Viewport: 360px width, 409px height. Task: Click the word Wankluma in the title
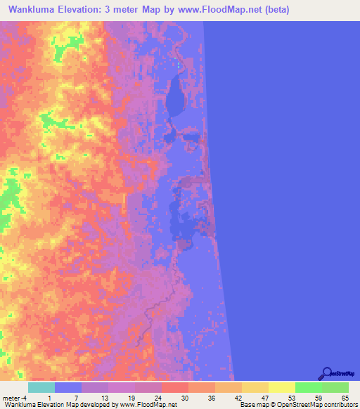(x=34, y=10)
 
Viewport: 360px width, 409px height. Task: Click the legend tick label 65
(x=345, y=398)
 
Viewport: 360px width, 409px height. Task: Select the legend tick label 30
(x=184, y=398)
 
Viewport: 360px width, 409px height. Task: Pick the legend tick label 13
(x=105, y=398)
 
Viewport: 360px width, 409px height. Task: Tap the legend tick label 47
(x=264, y=398)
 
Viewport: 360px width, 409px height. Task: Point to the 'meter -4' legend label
(x=14, y=398)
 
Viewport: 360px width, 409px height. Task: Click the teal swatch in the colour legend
(x=41, y=387)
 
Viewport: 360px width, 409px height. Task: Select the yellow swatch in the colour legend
(x=281, y=387)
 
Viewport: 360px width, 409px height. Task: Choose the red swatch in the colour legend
(x=175, y=387)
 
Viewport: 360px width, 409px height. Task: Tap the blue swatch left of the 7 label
(x=68, y=387)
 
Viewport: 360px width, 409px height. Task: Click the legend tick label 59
(x=318, y=398)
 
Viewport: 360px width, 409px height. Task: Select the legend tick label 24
(x=158, y=398)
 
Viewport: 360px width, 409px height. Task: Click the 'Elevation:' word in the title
(x=84, y=10)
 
